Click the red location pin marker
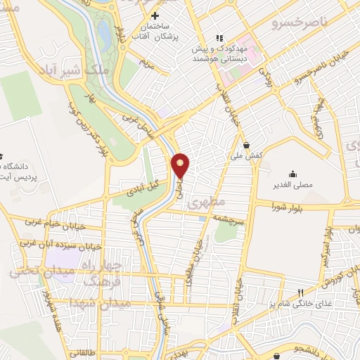point(181,165)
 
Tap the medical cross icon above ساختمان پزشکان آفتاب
point(156,15)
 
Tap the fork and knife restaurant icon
point(300,292)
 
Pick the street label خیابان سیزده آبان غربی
point(53,245)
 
